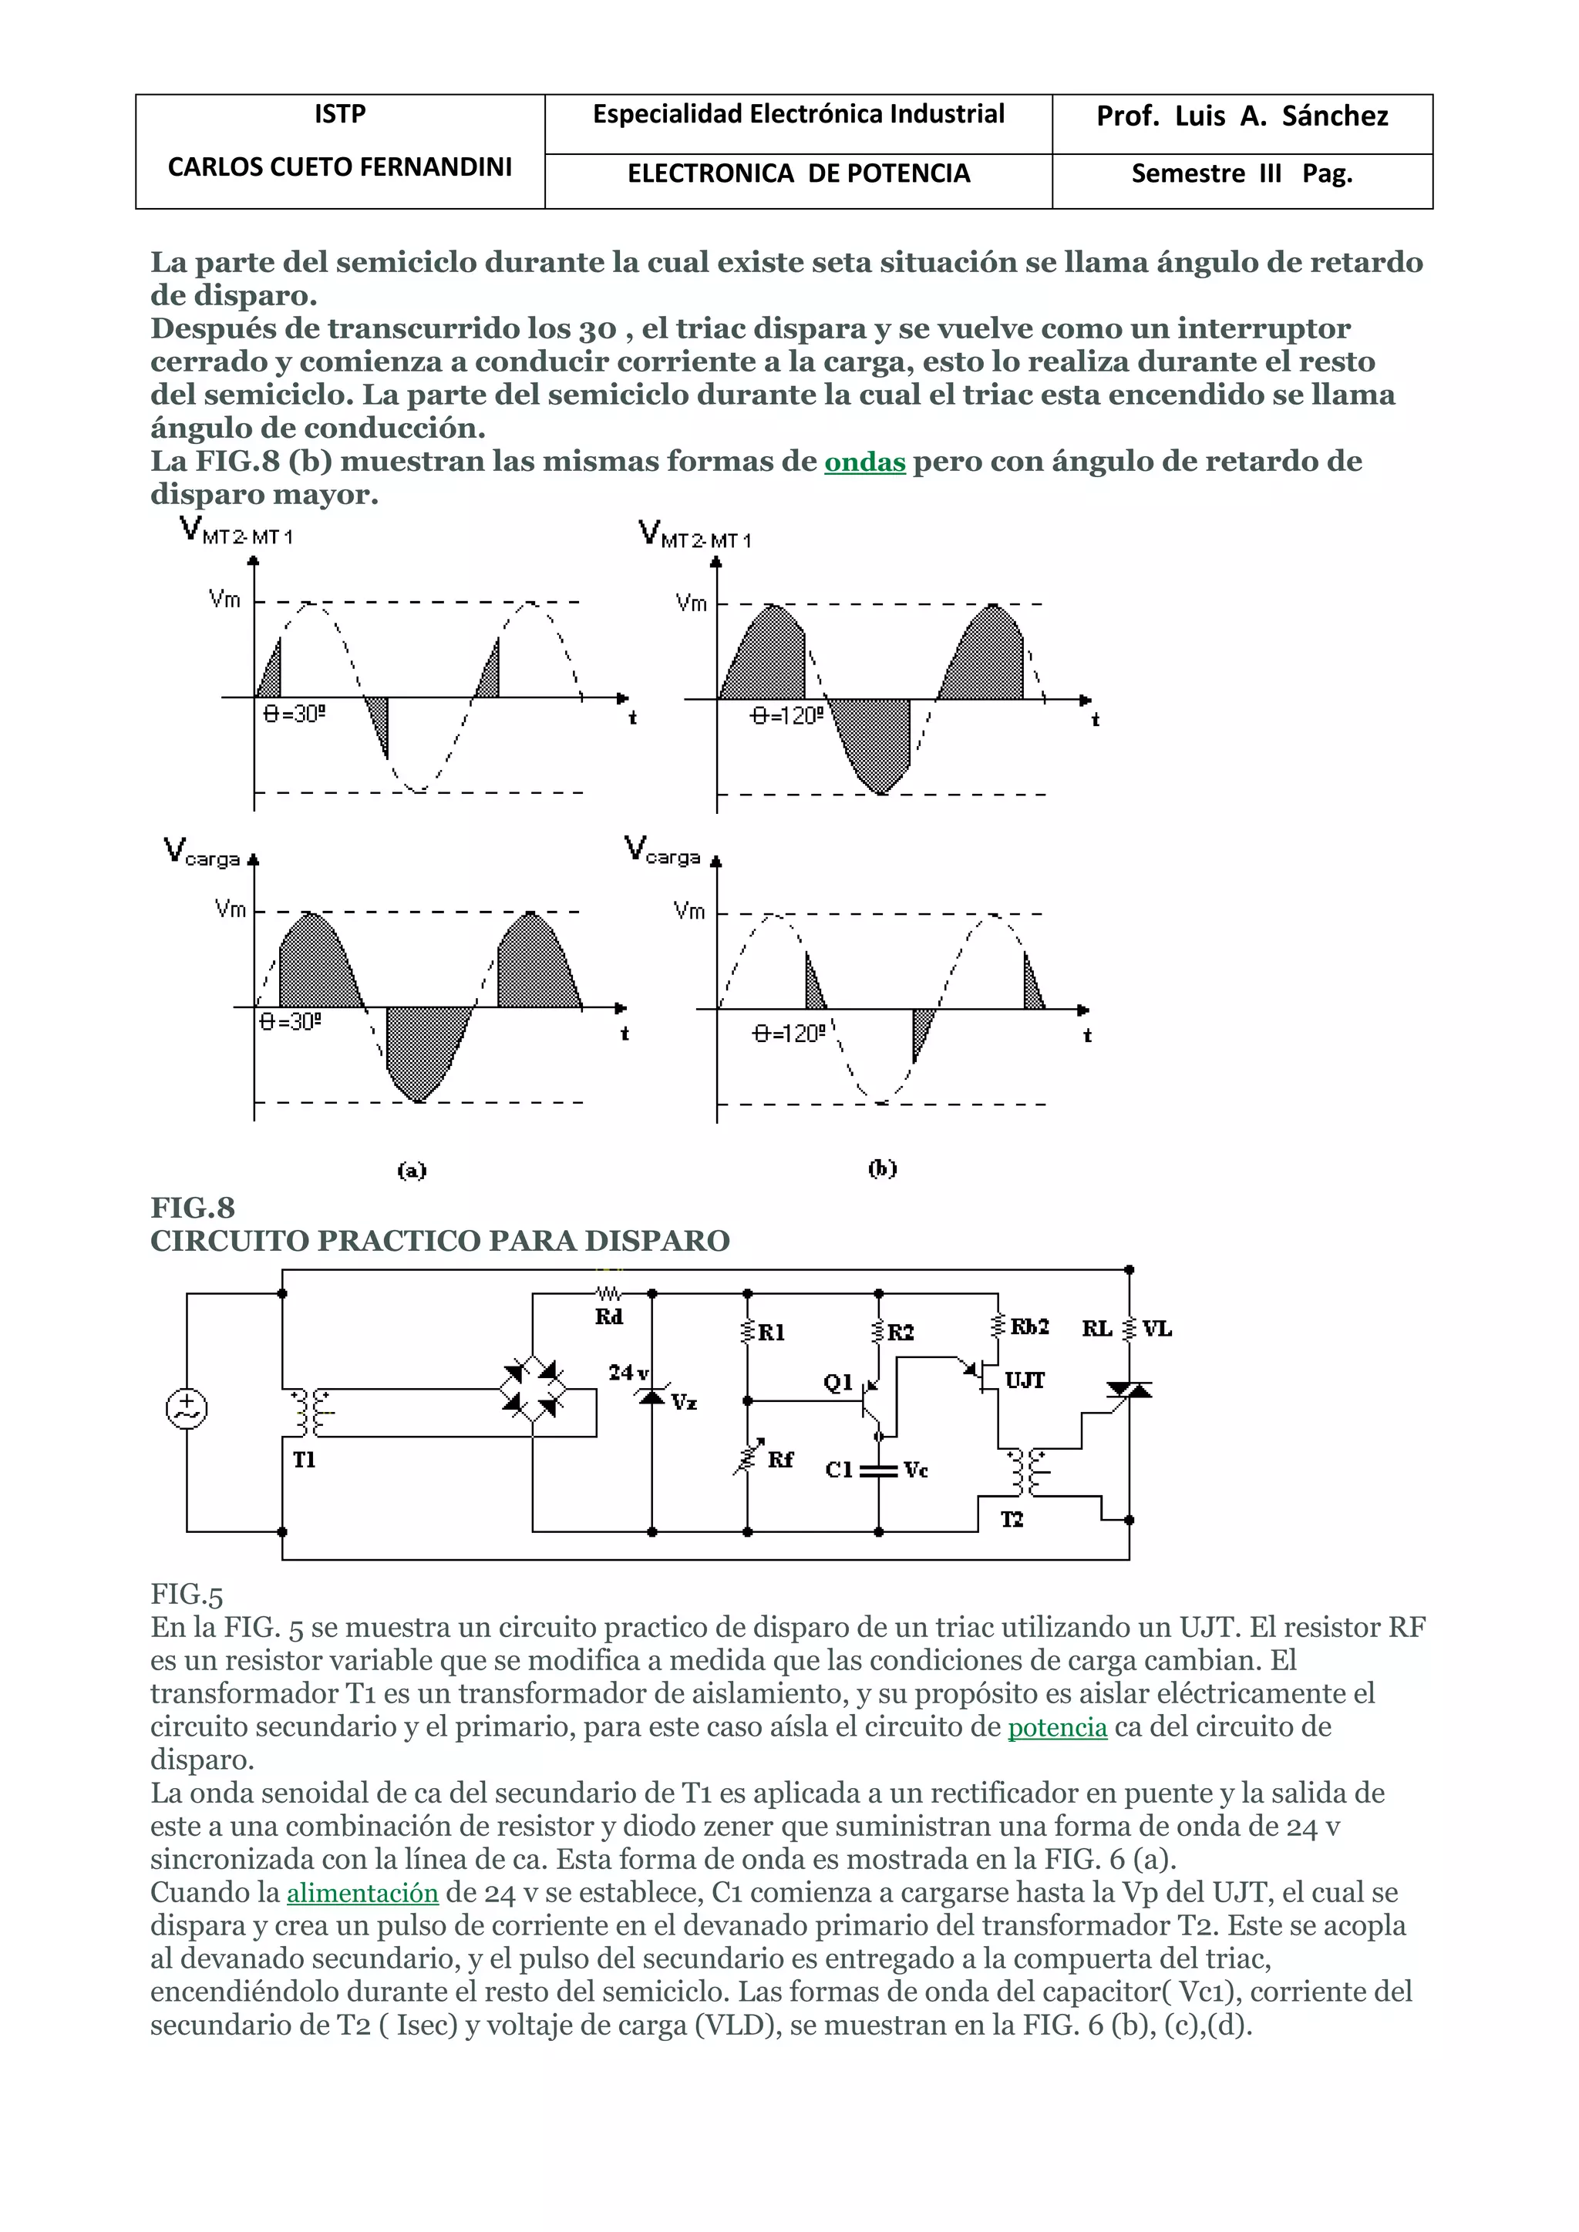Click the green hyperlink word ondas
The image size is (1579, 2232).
pyautogui.click(x=864, y=462)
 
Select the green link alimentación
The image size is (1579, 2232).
pyautogui.click(x=362, y=1893)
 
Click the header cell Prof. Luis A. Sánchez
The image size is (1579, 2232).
pyautogui.click(x=1241, y=116)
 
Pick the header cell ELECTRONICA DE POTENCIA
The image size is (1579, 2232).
pyautogui.click(x=798, y=174)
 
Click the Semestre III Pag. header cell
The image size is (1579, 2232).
pyautogui.click(x=1241, y=174)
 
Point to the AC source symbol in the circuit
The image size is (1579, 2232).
pyautogui.click(x=187, y=1409)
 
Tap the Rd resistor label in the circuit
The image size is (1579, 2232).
pyautogui.click(x=608, y=1317)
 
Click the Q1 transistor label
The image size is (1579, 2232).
pyautogui.click(x=837, y=1381)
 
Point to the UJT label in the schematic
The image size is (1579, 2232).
pyautogui.click(x=1024, y=1380)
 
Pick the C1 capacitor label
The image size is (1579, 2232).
pyautogui.click(x=838, y=1469)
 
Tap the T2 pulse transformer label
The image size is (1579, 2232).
pyautogui.click(x=1012, y=1519)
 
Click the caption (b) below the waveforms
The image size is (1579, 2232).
pyautogui.click(x=882, y=1168)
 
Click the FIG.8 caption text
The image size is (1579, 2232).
pyautogui.click(x=193, y=1208)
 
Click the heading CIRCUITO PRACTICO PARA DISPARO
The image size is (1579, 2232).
pyautogui.click(x=439, y=1242)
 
